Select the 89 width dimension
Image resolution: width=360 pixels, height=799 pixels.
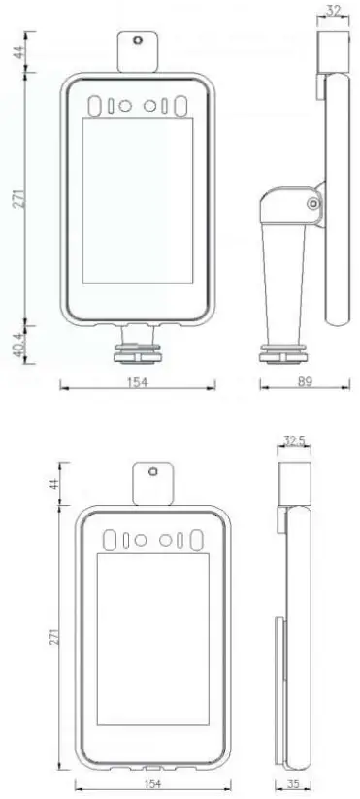304,383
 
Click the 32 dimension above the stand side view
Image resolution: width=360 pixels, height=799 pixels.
333,13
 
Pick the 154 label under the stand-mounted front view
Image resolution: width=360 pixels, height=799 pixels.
137,383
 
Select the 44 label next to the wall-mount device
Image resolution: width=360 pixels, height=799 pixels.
55,483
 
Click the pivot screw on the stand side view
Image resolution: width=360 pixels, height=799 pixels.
312,204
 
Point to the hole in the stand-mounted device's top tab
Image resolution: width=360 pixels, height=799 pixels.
137,42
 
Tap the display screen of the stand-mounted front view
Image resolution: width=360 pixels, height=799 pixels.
137,209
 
